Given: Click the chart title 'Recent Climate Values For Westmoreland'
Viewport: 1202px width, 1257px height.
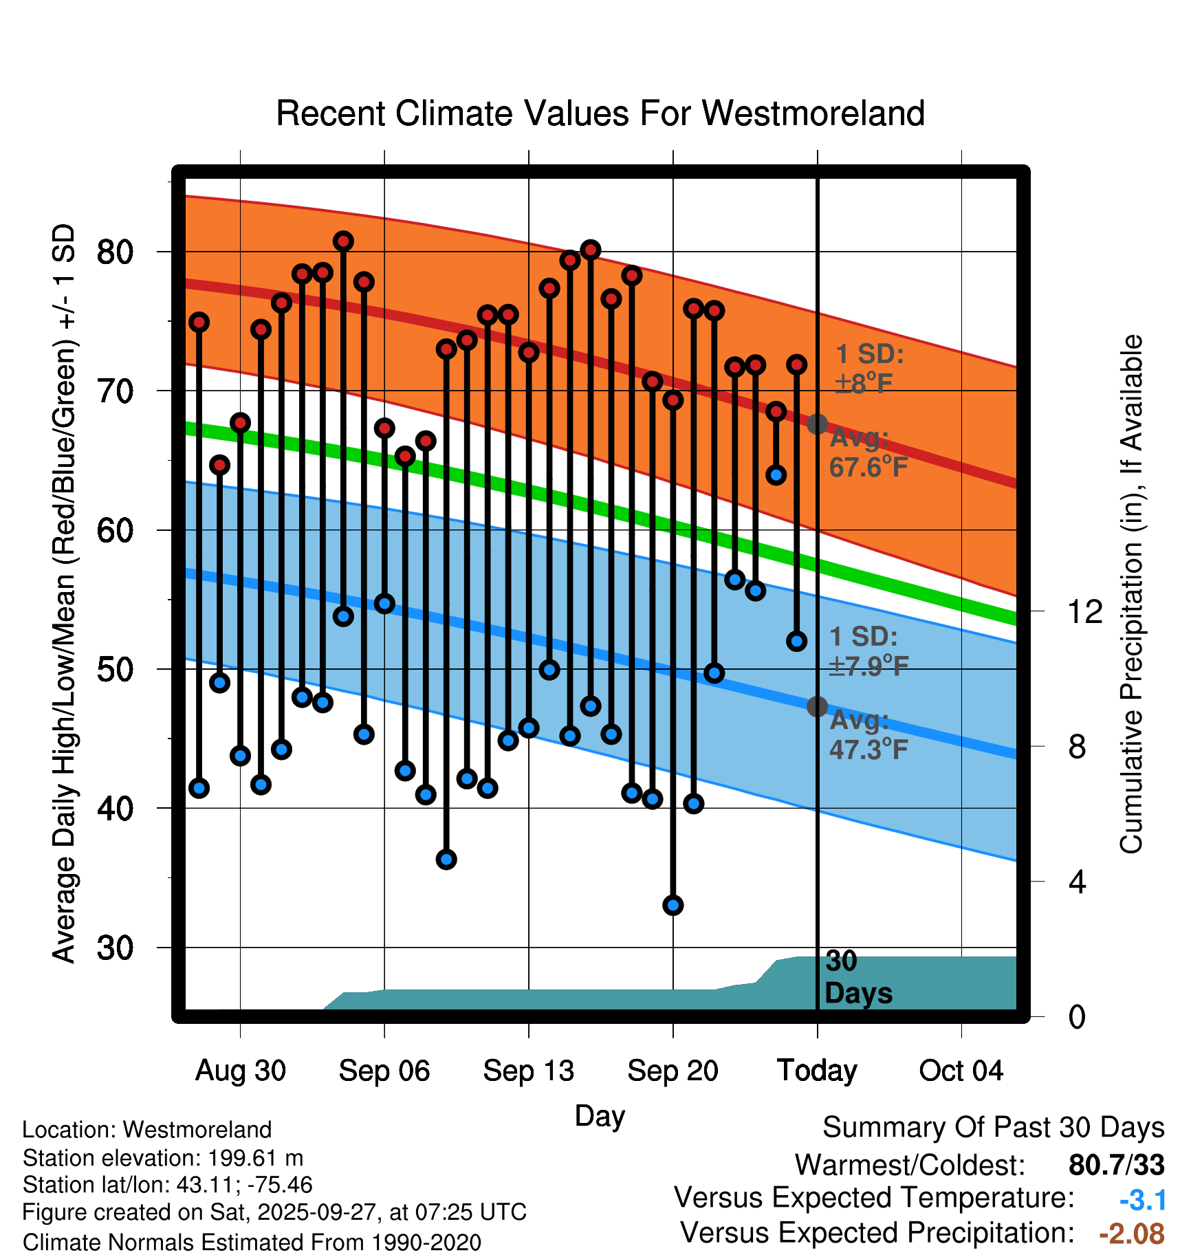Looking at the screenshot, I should click(600, 113).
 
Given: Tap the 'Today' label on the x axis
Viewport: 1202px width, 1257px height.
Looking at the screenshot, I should click(817, 1071).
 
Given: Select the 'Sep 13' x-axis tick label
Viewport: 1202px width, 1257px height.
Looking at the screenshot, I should click(528, 1071).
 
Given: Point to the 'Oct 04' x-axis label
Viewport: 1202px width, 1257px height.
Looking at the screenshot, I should click(961, 1071).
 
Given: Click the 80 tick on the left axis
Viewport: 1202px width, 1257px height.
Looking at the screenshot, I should click(115, 252).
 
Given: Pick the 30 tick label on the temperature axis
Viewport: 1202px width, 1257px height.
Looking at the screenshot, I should click(115, 948).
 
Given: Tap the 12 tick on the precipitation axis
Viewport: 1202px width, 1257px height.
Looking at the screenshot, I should click(1084, 611).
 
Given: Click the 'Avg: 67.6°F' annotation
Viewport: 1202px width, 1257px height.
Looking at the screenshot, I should click(868, 452).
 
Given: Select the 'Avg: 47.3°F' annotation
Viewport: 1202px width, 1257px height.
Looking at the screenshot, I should click(868, 734).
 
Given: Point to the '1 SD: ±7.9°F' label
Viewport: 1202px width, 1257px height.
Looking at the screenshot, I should click(868, 651).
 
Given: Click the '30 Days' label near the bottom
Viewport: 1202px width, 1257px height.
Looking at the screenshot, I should click(857, 977).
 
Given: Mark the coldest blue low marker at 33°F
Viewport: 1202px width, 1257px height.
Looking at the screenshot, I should click(673, 905).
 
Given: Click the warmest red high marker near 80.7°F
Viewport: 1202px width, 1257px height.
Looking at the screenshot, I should click(343, 241).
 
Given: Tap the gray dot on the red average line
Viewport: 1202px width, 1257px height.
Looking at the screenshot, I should click(817, 424).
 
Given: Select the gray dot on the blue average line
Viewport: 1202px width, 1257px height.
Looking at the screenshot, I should click(817, 706).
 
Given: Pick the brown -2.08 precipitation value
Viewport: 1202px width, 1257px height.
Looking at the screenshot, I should click(1131, 1234).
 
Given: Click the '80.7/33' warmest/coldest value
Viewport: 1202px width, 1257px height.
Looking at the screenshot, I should click(1116, 1165).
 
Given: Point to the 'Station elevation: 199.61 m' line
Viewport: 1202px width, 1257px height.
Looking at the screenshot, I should click(163, 1158).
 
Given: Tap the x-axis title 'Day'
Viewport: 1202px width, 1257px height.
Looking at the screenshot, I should click(600, 1115).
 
